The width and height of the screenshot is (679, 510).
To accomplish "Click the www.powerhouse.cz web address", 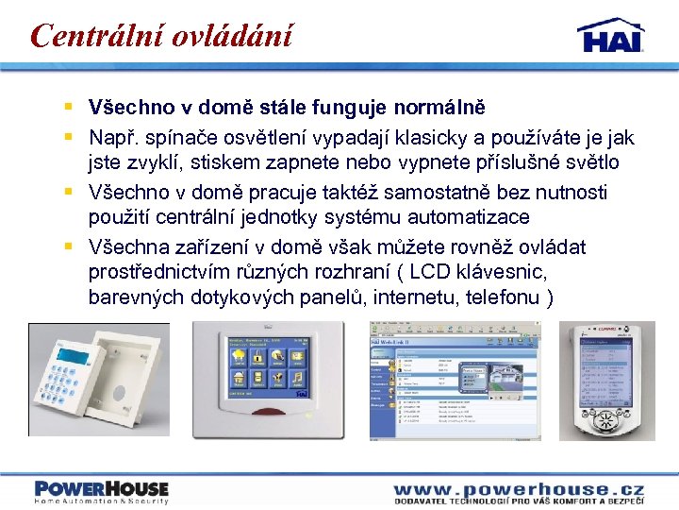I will pyautogui.click(x=519, y=488).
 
